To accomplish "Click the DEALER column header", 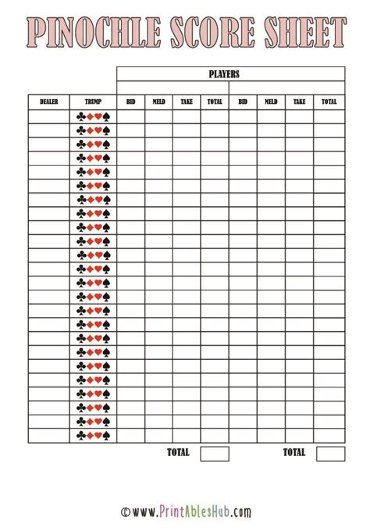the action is click(49, 102).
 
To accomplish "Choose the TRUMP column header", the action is click(93, 102).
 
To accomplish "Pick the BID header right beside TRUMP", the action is click(130, 102).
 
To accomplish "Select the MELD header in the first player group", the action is click(158, 102).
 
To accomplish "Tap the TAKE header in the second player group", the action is click(300, 102).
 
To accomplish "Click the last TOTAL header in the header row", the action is click(329, 102).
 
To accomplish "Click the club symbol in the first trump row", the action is click(80, 116).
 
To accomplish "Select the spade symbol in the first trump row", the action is click(106, 116).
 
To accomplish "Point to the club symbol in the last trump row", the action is click(80, 435).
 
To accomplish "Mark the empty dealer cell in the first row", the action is click(49, 116).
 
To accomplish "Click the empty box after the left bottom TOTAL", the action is click(215, 454).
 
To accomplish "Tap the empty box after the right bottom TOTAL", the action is click(330, 454).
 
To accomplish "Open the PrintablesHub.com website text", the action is click(192, 512).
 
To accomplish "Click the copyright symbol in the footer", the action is click(125, 513).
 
